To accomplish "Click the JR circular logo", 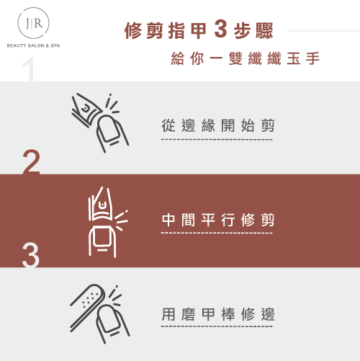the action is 33,23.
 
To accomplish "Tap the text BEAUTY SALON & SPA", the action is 33,45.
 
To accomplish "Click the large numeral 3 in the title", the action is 220,30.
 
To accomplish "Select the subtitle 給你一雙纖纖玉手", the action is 246,58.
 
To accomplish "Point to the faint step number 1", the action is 28,69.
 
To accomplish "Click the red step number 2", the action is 31,162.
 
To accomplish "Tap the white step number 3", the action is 31,255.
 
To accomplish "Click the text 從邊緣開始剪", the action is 218,125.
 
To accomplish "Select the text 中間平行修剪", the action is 218,220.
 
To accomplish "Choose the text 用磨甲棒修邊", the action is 218,314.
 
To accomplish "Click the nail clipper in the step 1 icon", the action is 86,110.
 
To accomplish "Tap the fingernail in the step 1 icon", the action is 109,128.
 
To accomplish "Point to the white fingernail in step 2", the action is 102,237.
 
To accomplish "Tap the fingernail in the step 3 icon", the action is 109,318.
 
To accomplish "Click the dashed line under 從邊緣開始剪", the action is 217,139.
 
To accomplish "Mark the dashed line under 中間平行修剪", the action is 217,233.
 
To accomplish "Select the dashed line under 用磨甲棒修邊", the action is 217,326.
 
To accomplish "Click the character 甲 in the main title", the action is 198,30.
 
